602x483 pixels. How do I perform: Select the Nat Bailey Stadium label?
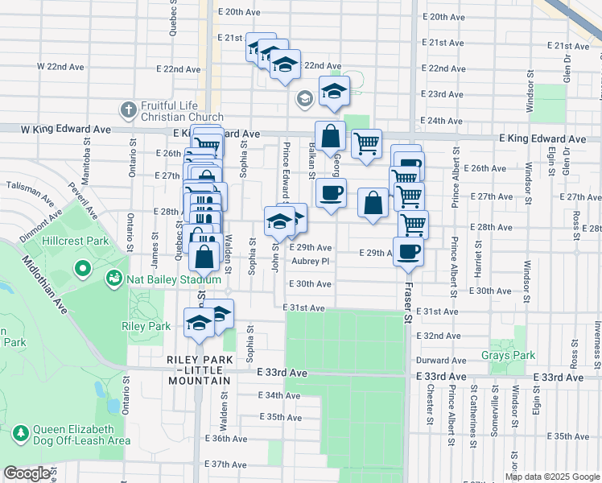point(161,279)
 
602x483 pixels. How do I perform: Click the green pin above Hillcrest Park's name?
point(82,267)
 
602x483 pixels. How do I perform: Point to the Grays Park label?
point(508,355)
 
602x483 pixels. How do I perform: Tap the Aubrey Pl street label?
point(311,261)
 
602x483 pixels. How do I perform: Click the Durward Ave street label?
point(442,361)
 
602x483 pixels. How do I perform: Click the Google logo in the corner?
point(27,474)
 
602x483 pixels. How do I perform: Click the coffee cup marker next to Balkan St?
point(331,193)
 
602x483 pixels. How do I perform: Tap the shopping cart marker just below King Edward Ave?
point(366,144)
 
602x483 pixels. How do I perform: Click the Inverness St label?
point(596,338)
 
